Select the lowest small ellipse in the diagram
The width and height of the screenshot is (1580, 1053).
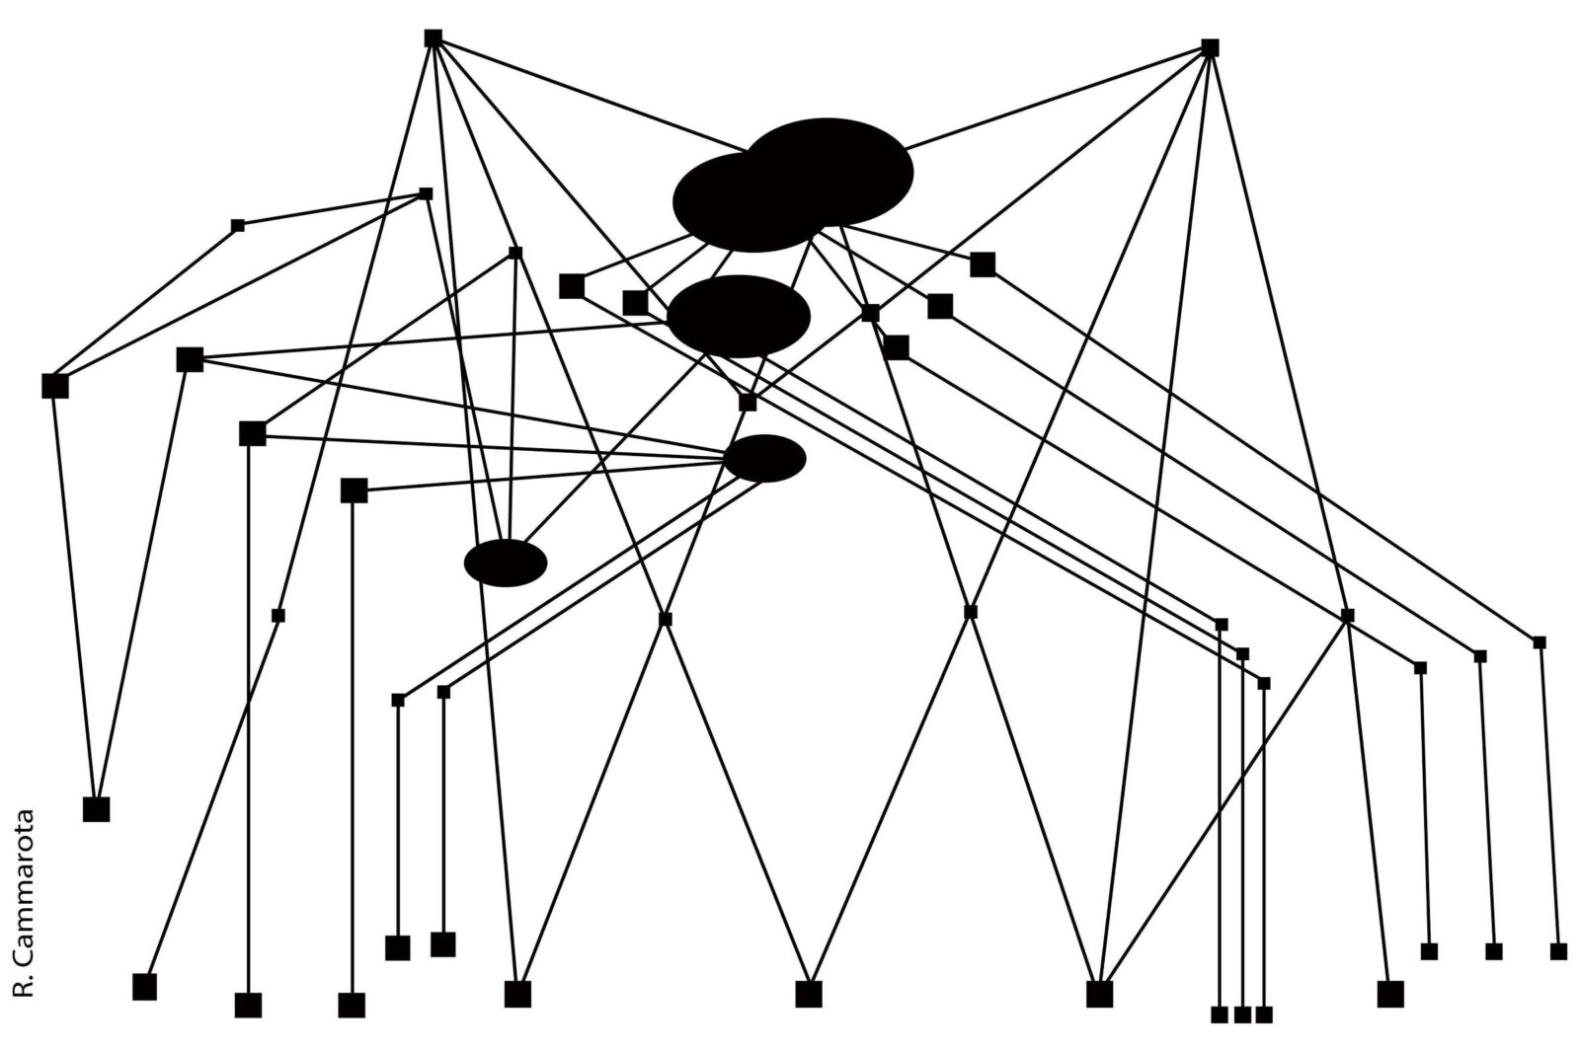point(506,563)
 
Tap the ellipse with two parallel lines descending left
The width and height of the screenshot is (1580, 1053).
point(764,458)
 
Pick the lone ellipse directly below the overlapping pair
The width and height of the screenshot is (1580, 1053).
point(739,316)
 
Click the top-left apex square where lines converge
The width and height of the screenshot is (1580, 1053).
point(433,38)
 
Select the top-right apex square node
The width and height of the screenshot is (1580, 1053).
point(1210,47)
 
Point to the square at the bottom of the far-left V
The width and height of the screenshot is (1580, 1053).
point(96,809)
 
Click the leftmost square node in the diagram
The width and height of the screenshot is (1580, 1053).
point(55,386)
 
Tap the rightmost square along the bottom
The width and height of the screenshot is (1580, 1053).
point(1558,951)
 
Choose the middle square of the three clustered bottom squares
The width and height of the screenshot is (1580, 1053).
point(1242,1015)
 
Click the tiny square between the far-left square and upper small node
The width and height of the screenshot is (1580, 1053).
point(238,226)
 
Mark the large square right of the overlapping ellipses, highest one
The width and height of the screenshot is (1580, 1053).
point(983,264)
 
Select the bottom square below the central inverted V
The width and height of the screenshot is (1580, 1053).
point(809,994)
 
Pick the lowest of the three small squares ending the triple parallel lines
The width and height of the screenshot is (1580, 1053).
point(1264,683)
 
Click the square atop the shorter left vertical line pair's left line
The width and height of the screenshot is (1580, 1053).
point(398,701)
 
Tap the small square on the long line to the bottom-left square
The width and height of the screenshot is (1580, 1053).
point(278,616)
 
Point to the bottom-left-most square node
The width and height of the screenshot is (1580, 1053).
point(144,987)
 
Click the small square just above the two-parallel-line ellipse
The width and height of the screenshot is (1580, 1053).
point(748,403)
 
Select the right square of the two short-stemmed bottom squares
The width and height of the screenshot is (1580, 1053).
point(443,944)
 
